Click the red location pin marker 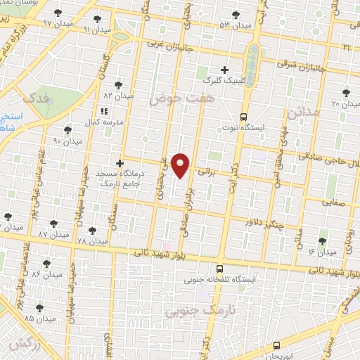pos(181,164)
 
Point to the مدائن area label pos(304,111)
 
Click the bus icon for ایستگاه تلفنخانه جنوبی pos(219,269)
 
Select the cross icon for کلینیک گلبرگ pos(224,70)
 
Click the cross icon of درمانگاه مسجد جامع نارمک pos(120,163)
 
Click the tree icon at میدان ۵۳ pos(235,14)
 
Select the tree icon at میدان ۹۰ pos(67,130)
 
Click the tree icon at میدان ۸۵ pos(39,307)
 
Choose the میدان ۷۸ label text pos(91,240)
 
